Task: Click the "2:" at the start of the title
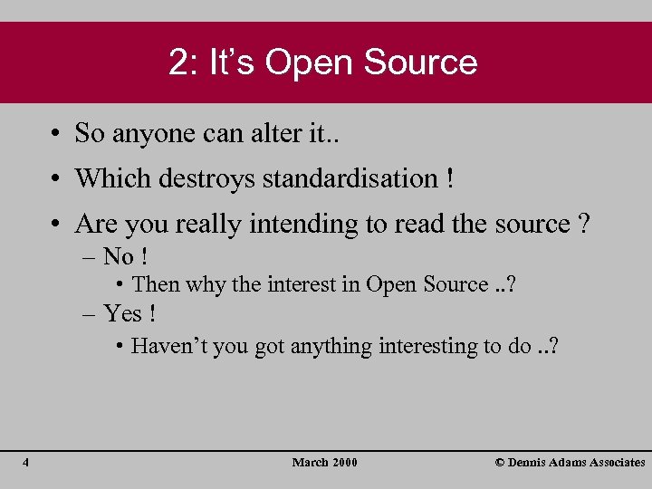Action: [184, 62]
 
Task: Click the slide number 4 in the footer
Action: [26, 463]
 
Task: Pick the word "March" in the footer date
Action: [310, 463]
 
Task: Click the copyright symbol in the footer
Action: [500, 463]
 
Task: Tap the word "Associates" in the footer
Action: [613, 463]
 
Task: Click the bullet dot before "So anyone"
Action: [56, 134]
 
